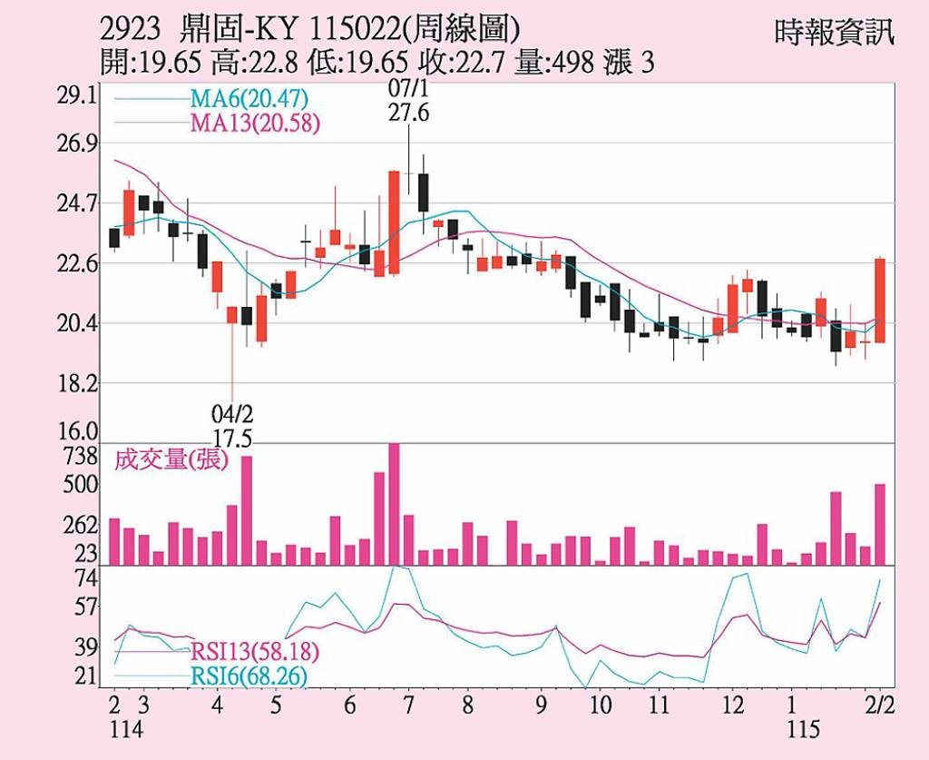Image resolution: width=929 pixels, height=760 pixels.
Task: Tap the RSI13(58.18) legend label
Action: point(255,653)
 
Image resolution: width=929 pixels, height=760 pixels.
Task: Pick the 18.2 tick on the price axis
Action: point(78,383)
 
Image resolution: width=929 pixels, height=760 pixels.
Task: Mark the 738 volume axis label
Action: point(81,454)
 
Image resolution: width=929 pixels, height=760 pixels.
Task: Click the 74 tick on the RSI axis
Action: point(85,578)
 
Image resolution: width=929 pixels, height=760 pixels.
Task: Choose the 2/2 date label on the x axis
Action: point(879,706)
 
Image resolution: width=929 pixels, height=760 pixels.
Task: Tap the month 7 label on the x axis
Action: point(408,706)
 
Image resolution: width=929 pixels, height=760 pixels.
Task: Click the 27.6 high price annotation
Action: point(408,113)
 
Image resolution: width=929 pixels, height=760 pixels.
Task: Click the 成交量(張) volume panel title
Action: point(171,460)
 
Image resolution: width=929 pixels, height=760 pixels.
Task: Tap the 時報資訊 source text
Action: point(834,34)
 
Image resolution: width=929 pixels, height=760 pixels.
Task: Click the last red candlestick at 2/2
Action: point(879,300)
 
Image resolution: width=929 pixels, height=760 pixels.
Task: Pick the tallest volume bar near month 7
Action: point(394,504)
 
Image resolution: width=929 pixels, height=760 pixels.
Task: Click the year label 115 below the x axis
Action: point(802,728)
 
